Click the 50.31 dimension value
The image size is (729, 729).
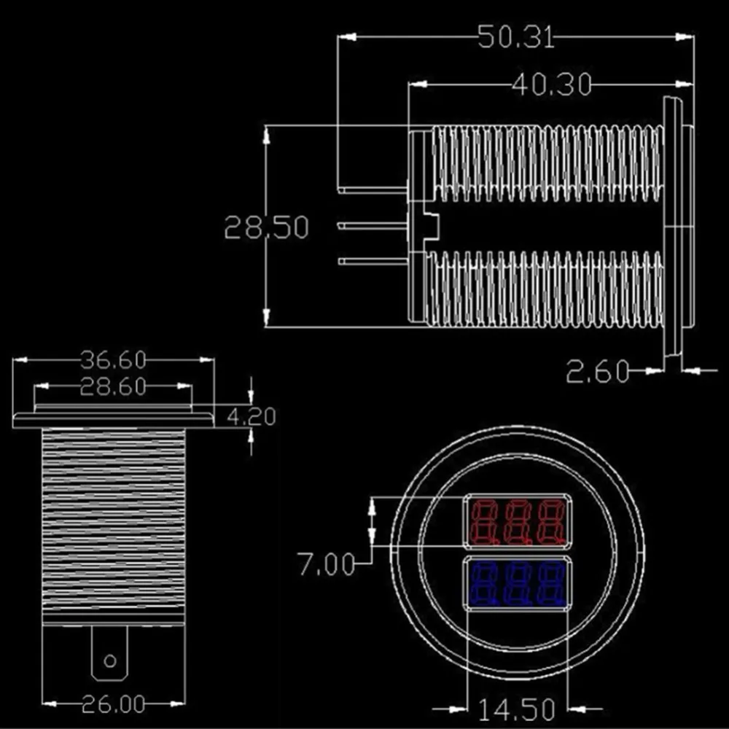point(517,37)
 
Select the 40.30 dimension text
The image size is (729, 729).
point(551,85)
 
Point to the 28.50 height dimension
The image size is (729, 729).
point(266,227)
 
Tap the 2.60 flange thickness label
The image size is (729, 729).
point(598,372)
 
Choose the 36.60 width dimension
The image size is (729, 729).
point(113,360)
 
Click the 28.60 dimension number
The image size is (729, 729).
point(113,387)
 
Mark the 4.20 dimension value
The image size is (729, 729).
point(252,416)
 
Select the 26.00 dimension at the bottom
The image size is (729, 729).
point(114,704)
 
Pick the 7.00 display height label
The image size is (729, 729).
point(327,564)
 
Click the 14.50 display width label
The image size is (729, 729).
point(517,709)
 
